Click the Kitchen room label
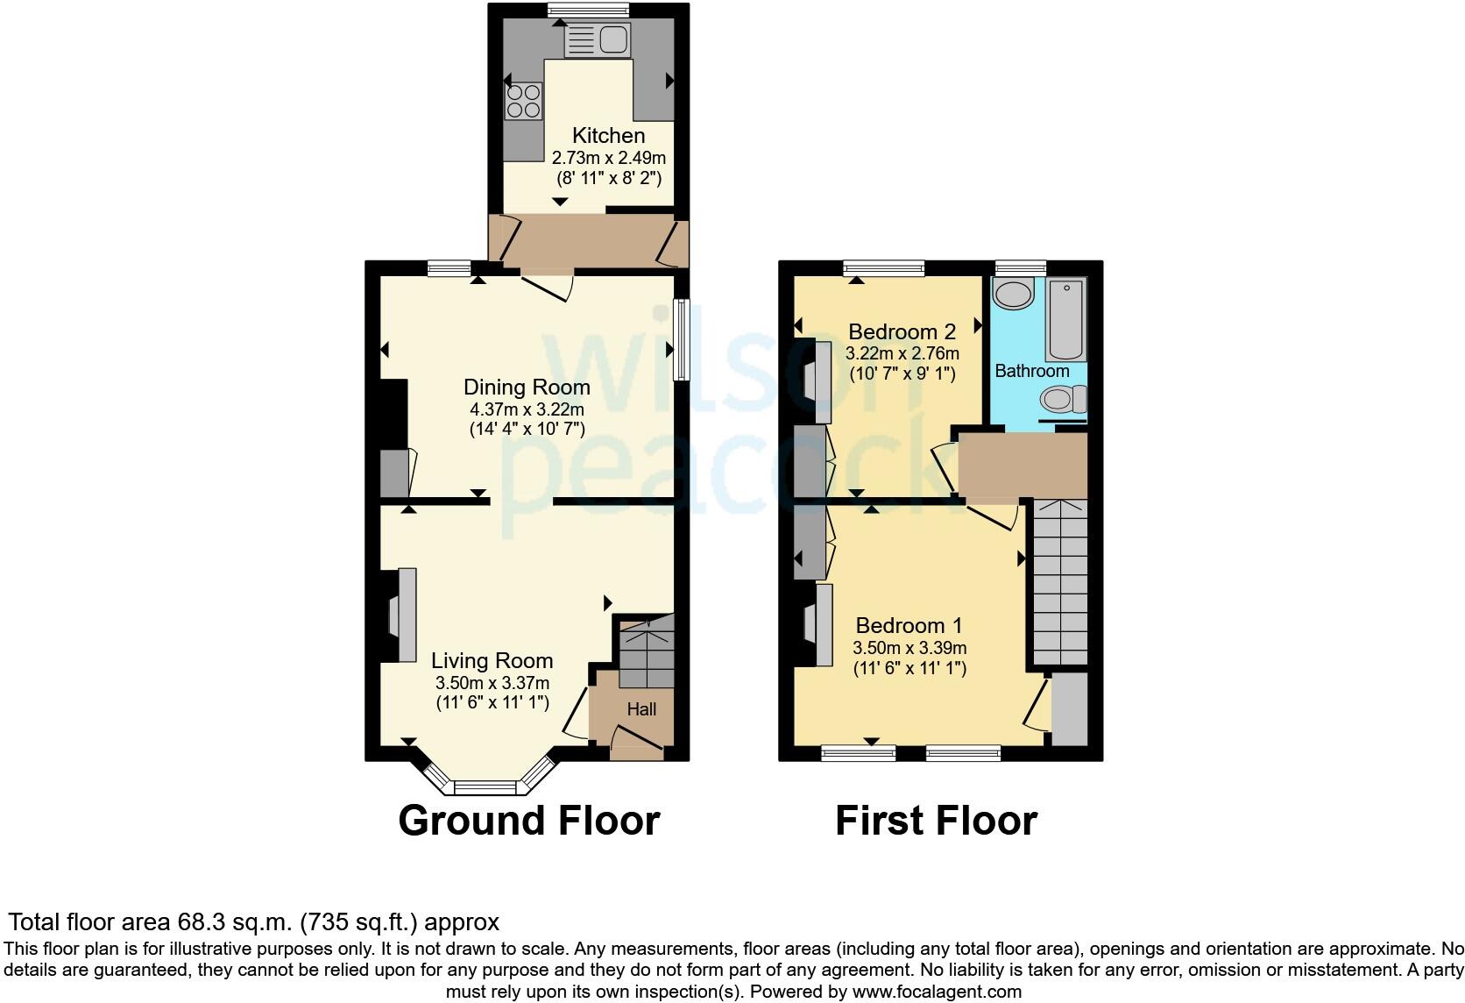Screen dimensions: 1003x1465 point(608,135)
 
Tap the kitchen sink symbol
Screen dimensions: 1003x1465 point(598,39)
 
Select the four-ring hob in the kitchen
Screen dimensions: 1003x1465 point(523,100)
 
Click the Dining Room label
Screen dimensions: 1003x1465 point(527,387)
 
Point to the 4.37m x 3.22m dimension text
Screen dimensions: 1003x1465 point(527,409)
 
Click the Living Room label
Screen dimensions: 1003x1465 point(492,660)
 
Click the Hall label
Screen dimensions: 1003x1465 point(641,708)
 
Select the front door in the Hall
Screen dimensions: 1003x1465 point(636,742)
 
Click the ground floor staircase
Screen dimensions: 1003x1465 point(647,653)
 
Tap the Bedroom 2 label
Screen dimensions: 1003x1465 point(902,331)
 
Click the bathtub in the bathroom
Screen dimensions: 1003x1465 point(1065,319)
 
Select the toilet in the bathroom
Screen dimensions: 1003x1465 point(1063,400)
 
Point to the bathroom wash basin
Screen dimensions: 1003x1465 point(1015,295)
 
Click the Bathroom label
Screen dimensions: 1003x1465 point(1031,371)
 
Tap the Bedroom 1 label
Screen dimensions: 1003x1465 point(909,625)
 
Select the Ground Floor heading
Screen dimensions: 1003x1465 point(528,821)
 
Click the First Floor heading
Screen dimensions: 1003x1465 point(936,821)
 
